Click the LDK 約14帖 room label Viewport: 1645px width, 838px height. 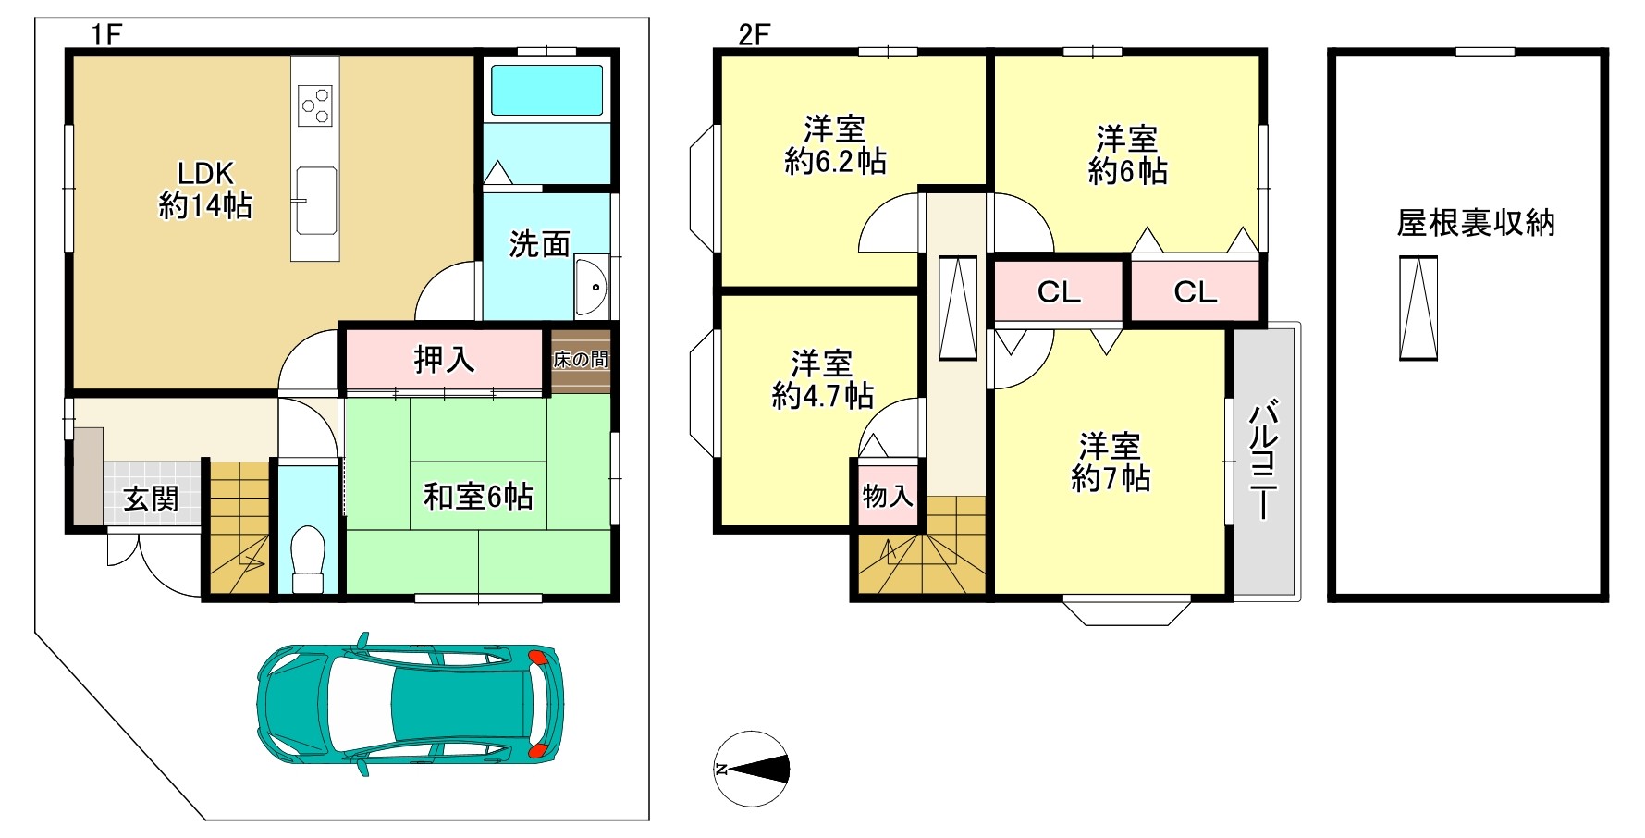click(x=205, y=190)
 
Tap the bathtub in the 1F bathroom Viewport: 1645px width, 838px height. click(x=546, y=90)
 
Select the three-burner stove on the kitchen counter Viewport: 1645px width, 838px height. click(x=315, y=105)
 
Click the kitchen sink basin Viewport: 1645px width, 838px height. click(x=315, y=201)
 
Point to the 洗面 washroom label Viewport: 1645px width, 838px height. click(x=540, y=244)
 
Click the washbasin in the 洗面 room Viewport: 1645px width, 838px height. click(x=590, y=287)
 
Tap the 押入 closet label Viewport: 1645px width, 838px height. click(x=444, y=360)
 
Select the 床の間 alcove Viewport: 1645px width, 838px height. click(x=581, y=361)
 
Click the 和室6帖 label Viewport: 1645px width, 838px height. click(x=478, y=497)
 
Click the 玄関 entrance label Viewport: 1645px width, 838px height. click(x=151, y=499)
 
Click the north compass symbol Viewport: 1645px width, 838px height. click(x=752, y=769)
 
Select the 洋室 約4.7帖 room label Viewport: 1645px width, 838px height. click(x=822, y=380)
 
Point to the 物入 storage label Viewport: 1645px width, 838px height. click(x=888, y=497)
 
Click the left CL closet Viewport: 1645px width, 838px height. click(x=1059, y=292)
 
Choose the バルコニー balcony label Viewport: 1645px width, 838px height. click(x=1264, y=460)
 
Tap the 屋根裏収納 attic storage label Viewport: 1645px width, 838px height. click(x=1476, y=223)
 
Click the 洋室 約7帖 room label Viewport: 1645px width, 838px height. click(x=1111, y=462)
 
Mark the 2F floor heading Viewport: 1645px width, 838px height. click(x=754, y=35)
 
